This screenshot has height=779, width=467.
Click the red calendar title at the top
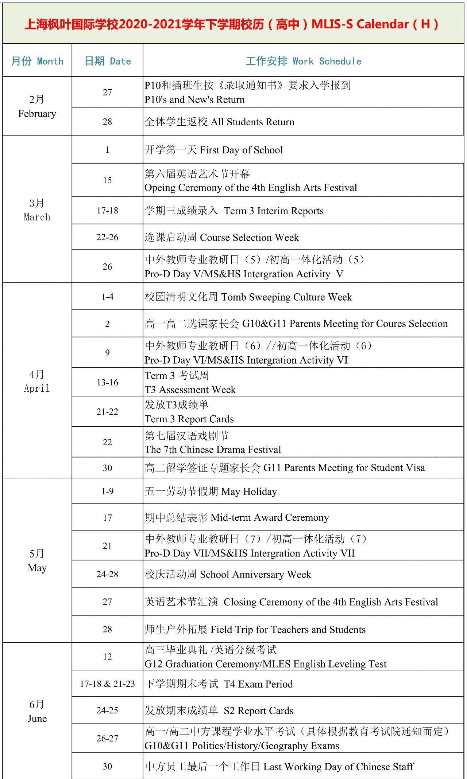(x=232, y=24)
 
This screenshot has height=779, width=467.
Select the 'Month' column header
(x=37, y=61)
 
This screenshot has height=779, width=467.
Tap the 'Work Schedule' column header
(x=303, y=61)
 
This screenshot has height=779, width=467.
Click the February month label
(x=37, y=106)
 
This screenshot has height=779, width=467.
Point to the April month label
(x=37, y=381)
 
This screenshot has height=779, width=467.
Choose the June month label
(x=37, y=711)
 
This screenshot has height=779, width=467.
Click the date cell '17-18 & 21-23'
(x=107, y=684)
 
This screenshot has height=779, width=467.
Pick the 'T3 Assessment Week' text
(x=190, y=390)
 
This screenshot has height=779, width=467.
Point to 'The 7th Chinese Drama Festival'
(x=213, y=450)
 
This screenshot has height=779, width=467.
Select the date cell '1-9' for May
(x=107, y=491)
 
